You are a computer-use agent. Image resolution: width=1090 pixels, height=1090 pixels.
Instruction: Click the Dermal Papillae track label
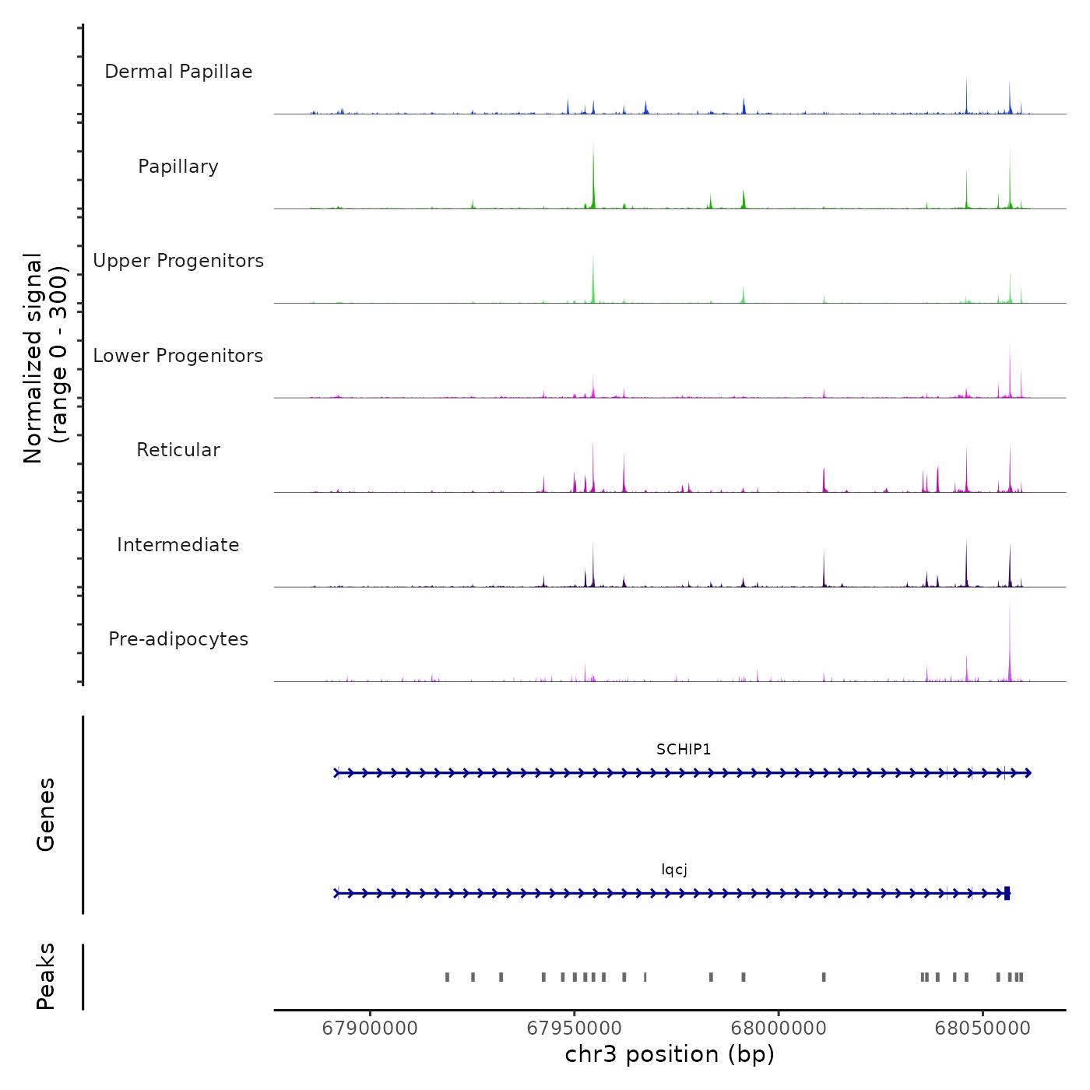click(178, 72)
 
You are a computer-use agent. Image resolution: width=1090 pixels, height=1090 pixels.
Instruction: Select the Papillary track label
click(178, 167)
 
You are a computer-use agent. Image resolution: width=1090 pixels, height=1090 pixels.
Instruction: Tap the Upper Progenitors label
click(178, 261)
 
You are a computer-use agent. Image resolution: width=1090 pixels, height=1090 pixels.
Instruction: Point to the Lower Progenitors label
click(178, 356)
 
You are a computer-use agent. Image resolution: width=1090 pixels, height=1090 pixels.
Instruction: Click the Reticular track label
click(178, 450)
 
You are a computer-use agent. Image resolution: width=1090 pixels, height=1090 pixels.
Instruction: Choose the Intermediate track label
click(178, 545)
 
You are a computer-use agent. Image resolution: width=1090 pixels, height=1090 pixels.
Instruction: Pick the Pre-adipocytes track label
click(178, 639)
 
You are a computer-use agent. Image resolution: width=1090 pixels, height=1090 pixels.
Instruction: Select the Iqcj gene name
click(674, 870)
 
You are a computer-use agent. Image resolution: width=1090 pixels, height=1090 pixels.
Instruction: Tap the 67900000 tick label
click(370, 1028)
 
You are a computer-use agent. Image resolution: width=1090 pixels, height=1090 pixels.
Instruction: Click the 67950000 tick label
click(575, 1028)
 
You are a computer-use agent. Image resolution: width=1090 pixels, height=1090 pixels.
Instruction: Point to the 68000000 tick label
click(779, 1028)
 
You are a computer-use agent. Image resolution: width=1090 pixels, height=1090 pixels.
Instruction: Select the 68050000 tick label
click(983, 1028)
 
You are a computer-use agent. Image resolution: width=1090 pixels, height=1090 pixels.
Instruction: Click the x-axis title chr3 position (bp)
click(670, 1054)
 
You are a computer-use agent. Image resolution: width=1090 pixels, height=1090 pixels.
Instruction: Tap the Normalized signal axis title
click(45, 358)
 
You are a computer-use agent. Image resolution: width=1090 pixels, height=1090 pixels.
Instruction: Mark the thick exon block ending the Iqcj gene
click(1007, 893)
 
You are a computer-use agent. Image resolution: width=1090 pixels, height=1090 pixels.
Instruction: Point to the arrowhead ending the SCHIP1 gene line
click(1028, 773)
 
